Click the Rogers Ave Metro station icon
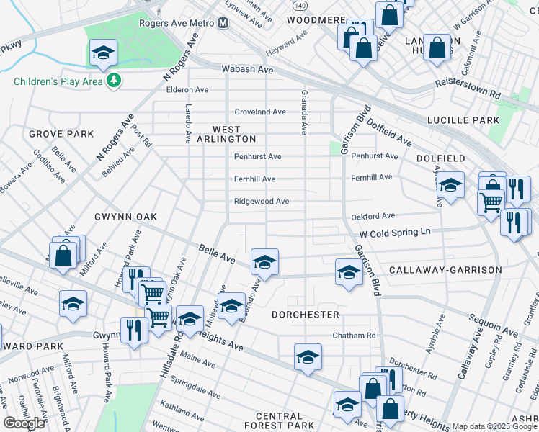[x=223, y=23]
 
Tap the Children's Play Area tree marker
[x=113, y=81]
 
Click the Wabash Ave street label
[x=247, y=70]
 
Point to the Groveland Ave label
[x=260, y=112]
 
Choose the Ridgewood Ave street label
[x=262, y=202]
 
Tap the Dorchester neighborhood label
[x=306, y=315]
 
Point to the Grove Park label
[x=61, y=134]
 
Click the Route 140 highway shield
[x=300, y=4]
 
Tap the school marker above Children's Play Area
[x=103, y=52]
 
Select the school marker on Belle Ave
[x=264, y=262]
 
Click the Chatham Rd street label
[x=354, y=336]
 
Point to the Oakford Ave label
[x=373, y=216]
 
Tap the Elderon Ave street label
[x=187, y=90]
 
